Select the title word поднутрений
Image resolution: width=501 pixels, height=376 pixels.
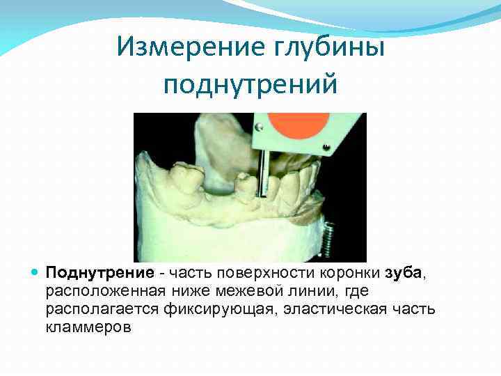[250, 84]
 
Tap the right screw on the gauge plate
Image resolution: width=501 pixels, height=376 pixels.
[323, 148]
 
